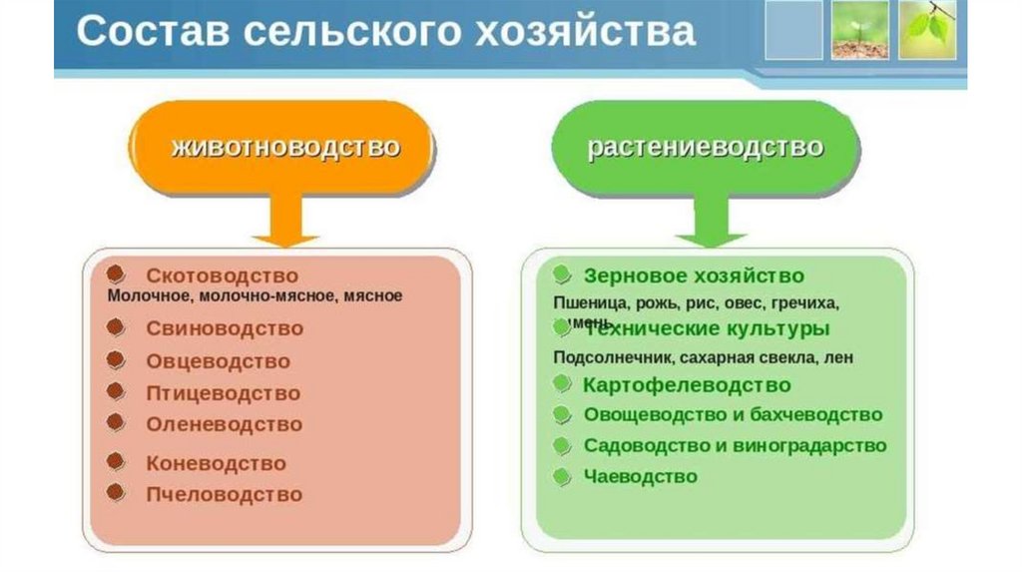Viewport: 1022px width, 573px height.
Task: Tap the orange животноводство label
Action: click(x=285, y=148)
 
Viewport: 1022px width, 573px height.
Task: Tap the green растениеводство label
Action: click(x=706, y=148)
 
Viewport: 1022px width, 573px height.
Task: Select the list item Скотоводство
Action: click(x=222, y=276)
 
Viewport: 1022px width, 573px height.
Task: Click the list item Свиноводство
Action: click(x=225, y=328)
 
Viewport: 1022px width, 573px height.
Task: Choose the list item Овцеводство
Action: click(x=218, y=361)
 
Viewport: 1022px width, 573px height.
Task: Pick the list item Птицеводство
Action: click(x=223, y=393)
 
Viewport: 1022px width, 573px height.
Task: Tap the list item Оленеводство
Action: click(x=224, y=424)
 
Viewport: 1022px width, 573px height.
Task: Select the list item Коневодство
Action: click(x=216, y=463)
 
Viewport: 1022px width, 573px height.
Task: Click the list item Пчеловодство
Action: click(x=224, y=494)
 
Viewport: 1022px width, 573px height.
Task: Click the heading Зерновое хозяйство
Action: click(x=694, y=276)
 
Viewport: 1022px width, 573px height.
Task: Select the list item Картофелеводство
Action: click(x=687, y=384)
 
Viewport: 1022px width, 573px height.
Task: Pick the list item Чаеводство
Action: click(x=641, y=476)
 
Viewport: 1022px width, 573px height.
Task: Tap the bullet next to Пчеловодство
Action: click(x=117, y=492)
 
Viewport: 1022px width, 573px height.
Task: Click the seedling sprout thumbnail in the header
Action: click(x=859, y=30)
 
